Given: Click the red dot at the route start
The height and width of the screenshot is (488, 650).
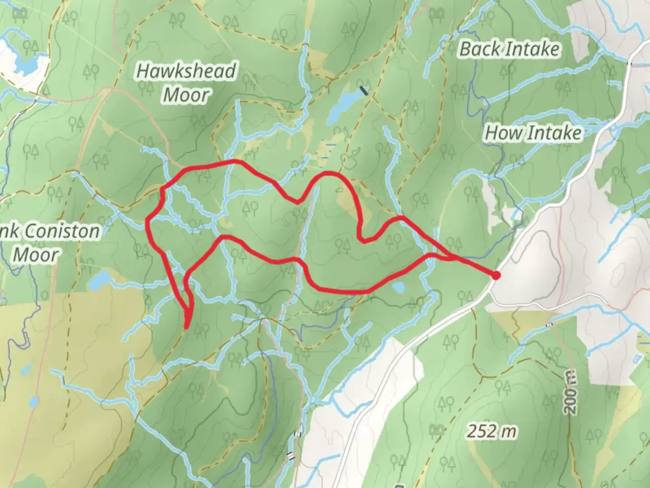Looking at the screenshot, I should (x=496, y=275).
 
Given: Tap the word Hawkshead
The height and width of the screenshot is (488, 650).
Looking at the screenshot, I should (x=186, y=71).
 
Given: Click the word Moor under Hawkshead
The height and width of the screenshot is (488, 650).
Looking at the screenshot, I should (x=186, y=95).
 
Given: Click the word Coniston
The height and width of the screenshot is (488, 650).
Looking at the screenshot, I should (x=62, y=231).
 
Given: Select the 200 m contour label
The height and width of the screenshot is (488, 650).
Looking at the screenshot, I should (x=570, y=391).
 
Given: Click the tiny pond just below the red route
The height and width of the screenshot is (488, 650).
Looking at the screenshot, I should (x=398, y=287).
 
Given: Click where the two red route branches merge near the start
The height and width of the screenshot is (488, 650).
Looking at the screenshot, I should (x=451, y=258).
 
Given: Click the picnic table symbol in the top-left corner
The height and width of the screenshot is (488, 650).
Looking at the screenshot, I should (x=19, y=14).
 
